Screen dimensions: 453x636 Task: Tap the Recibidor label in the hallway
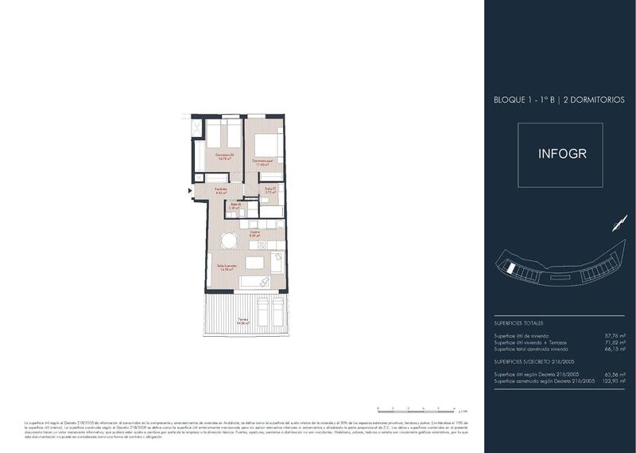point(221,190)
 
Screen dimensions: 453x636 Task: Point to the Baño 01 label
point(270,191)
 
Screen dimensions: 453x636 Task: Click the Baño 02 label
point(236,206)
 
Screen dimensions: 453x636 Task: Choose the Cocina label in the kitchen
point(254,235)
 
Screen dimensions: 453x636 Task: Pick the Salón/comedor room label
point(227,268)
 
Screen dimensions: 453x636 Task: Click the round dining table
point(229,240)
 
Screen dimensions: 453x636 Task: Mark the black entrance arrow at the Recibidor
point(190,190)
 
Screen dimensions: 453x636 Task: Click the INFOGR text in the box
point(562,154)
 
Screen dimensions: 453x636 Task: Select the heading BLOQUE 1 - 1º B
point(525,100)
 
